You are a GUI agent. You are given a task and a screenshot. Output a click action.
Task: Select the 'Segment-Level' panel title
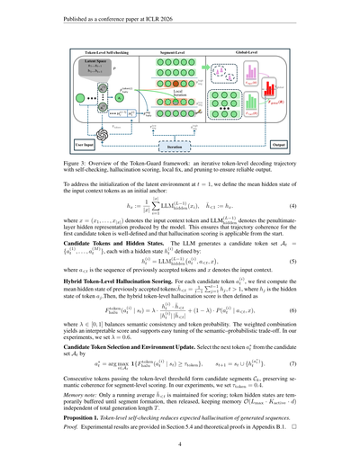click(184, 56)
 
